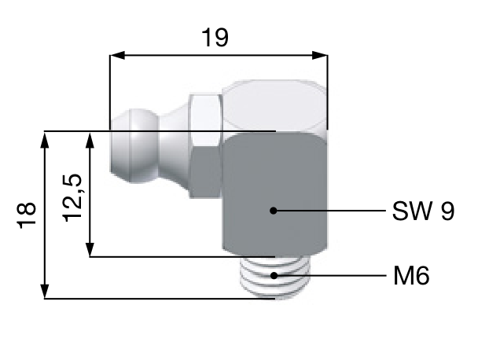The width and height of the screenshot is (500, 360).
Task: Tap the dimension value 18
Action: coord(26,214)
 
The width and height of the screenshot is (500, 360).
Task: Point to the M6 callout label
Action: coord(411,276)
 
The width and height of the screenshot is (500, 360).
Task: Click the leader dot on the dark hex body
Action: coord(273,211)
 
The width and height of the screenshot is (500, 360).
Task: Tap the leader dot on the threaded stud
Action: coord(274,276)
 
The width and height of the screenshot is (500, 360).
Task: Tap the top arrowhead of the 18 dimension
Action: coord(45,138)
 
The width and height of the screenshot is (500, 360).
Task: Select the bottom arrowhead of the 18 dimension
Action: coord(45,292)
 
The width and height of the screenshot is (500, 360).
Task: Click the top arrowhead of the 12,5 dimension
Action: coord(92,138)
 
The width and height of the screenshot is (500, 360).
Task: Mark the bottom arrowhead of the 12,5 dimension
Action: coord(92,249)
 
